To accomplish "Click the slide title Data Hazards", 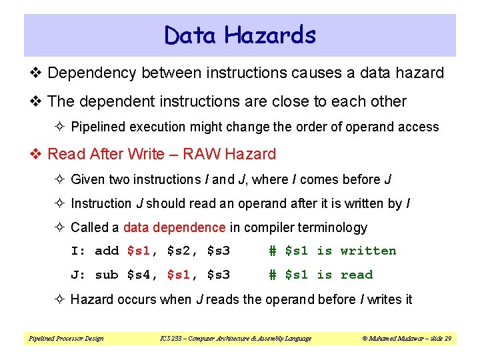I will pos(240,35).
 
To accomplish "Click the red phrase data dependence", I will pos(175,227).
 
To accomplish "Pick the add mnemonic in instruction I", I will pos(107,251).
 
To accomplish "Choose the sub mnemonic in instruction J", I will pos(107,275).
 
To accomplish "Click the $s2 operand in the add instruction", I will pos(180,251).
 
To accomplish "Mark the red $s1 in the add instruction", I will pos(139,251).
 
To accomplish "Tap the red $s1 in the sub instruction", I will pos(180,275).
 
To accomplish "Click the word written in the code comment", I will pos(368,251).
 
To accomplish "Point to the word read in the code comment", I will pos(356,275).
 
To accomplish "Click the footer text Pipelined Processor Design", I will pos(66,339).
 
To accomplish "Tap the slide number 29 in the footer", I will pos(448,339).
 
